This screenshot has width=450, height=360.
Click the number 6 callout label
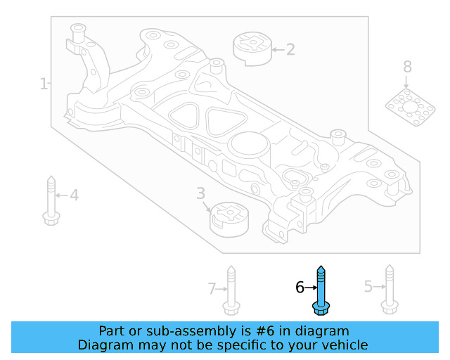[300, 287]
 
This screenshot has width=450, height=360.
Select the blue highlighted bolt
[321, 290]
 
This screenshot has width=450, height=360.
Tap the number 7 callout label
[211, 288]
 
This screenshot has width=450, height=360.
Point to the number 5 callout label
[368, 286]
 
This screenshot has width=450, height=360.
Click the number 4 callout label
[74, 195]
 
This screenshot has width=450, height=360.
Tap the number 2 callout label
[290, 49]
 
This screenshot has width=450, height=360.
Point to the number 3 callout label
[200, 193]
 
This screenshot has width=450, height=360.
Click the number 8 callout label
[407, 67]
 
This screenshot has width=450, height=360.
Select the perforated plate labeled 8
[411, 106]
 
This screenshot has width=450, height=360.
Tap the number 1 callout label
[44, 84]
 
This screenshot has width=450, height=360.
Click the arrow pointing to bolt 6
[311, 287]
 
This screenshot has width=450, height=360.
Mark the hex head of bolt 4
[51, 217]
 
